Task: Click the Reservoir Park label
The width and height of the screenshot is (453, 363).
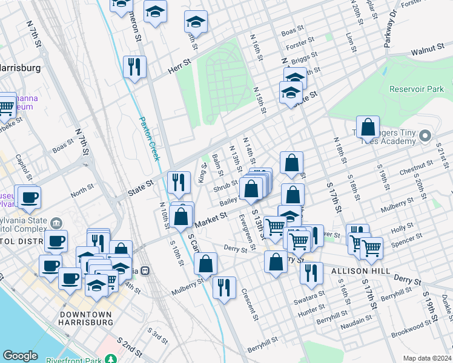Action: click(417, 89)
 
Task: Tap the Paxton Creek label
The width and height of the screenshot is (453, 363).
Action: click(150, 139)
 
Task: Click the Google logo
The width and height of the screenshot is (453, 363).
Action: click(20, 356)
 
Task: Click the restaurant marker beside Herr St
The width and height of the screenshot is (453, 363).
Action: click(134, 66)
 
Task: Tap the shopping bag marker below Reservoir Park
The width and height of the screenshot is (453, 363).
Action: click(368, 128)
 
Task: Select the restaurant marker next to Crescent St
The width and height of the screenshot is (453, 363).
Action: click(224, 288)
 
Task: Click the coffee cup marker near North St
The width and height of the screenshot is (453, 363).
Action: click(28, 196)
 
